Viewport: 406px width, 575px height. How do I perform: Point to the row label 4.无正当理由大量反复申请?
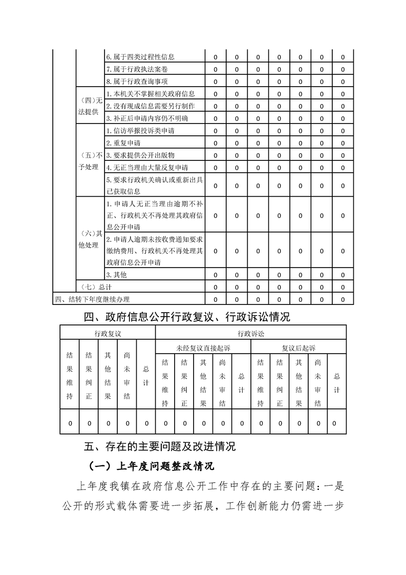(x=147, y=167)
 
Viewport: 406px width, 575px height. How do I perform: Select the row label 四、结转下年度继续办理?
(x=92, y=299)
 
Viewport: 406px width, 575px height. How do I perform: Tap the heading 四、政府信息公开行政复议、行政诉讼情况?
(x=187, y=317)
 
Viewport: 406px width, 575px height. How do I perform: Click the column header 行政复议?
(x=108, y=334)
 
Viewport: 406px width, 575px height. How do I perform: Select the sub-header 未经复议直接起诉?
(x=203, y=348)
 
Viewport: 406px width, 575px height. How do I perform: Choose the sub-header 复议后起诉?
(x=298, y=348)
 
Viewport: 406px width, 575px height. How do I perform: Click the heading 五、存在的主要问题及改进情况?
(x=160, y=446)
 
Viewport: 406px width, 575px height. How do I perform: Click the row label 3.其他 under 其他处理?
(x=116, y=275)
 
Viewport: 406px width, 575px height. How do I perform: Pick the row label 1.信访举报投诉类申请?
(x=140, y=131)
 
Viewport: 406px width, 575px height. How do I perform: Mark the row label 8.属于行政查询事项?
(x=137, y=81)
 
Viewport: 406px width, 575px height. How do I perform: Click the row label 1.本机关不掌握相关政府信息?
(x=150, y=94)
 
